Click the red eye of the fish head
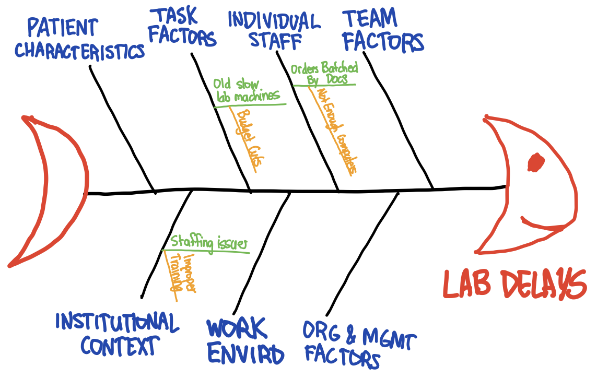[535, 162]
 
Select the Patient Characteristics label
[78, 40]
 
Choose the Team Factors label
[383, 31]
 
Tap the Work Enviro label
[244, 341]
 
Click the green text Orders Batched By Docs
[324, 73]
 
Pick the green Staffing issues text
[208, 243]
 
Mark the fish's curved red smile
[543, 225]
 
